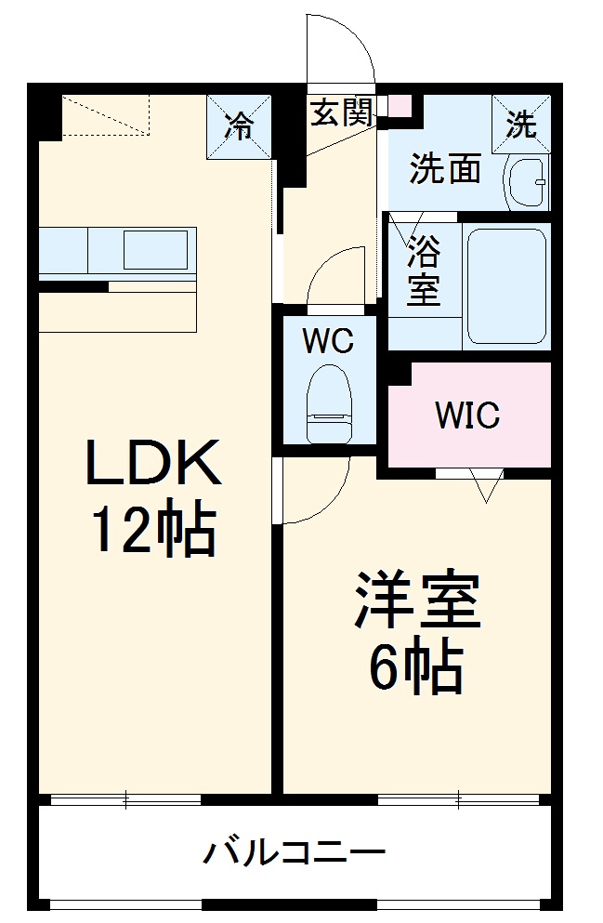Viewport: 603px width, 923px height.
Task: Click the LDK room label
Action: (153, 464)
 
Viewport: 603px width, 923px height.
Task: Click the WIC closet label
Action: (468, 415)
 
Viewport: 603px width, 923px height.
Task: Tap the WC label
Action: (328, 341)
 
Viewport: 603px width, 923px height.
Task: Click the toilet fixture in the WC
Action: (330, 402)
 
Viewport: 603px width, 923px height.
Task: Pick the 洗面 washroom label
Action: (446, 169)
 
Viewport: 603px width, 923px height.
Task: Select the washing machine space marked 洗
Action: (521, 124)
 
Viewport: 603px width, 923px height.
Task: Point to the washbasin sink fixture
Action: (527, 182)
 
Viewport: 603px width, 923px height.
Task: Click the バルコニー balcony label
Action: (295, 850)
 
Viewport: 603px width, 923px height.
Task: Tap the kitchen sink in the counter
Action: (155, 250)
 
